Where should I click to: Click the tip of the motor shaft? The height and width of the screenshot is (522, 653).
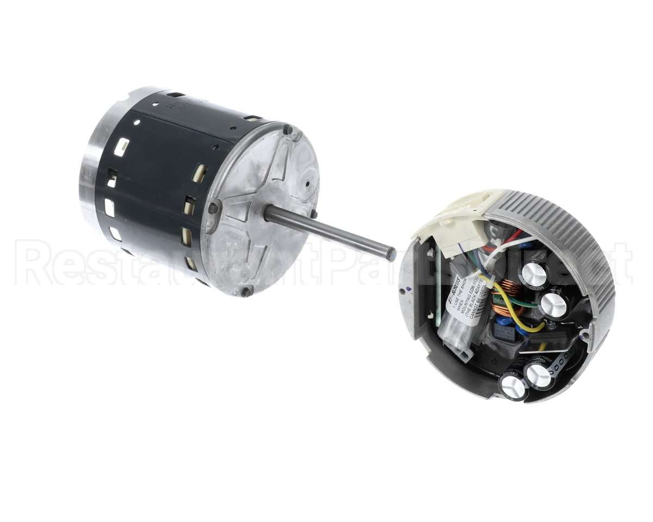(x=391, y=253)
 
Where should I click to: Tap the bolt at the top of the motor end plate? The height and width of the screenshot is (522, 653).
(x=287, y=129)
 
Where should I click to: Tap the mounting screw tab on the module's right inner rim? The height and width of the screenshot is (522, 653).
(x=585, y=333)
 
